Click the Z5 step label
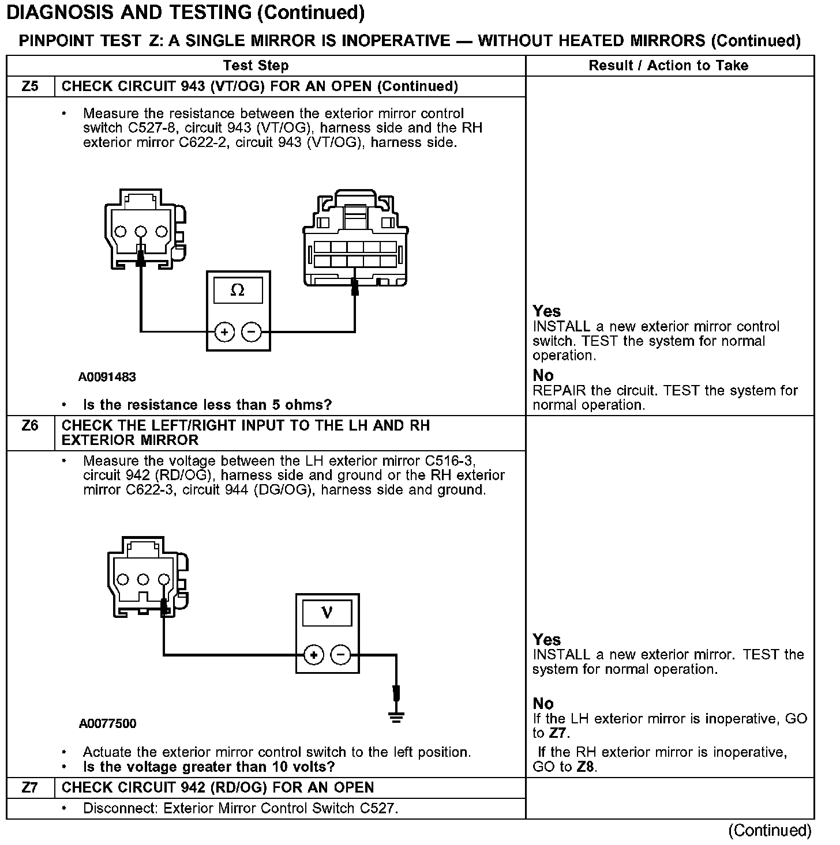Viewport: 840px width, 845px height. tap(30, 86)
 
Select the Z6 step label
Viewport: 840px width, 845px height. tap(30, 426)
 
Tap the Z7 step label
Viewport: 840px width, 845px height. tap(30, 787)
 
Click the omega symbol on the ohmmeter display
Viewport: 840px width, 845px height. tap(237, 291)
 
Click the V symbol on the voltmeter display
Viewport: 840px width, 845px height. tap(327, 612)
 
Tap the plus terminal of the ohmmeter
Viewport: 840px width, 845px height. tap(224, 332)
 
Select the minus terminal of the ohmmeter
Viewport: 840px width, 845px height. tap(251, 332)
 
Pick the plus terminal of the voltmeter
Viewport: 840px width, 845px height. tap(313, 655)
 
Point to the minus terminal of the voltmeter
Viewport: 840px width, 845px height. tap(340, 655)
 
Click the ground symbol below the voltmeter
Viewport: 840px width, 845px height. tap(396, 716)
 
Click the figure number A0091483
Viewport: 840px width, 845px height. tap(107, 377)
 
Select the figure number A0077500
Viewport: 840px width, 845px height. tap(107, 723)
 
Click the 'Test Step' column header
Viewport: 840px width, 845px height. tap(256, 66)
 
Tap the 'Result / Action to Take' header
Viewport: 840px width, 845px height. tap(668, 66)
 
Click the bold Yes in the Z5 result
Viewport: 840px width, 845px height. tap(546, 311)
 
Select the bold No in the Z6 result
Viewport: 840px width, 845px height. tap(543, 703)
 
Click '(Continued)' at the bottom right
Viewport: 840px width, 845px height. tap(770, 830)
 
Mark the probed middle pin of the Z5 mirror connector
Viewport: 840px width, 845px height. tap(141, 232)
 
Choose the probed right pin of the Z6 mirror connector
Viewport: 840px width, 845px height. tap(164, 579)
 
